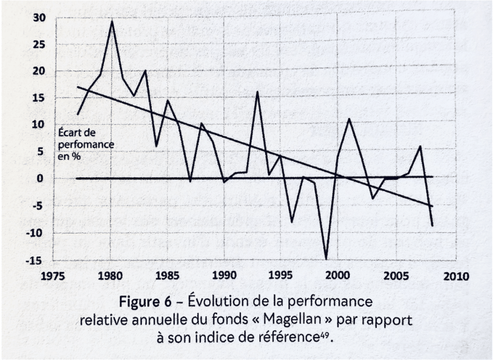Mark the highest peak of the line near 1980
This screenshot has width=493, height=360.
pos(112,21)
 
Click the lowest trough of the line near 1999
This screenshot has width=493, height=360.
pos(327,259)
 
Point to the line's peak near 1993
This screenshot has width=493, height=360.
pos(258,91)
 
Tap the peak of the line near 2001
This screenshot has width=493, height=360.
pos(349,118)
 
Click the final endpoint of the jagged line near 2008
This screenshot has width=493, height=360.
pos(432,225)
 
